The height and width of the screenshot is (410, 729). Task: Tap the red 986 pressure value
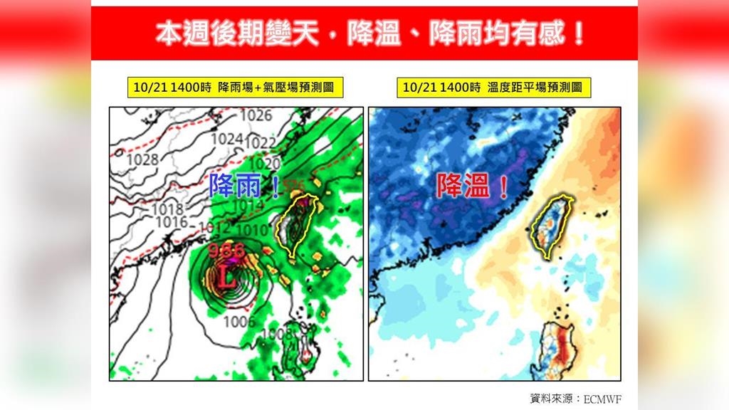(226, 250)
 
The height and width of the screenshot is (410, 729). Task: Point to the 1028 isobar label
(142, 159)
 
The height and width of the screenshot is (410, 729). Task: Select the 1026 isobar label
(256, 115)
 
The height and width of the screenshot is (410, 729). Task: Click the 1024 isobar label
(226, 138)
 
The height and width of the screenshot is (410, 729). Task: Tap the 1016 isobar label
(172, 222)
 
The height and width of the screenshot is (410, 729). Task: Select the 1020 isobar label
(266, 165)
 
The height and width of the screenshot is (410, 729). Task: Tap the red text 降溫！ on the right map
(472, 187)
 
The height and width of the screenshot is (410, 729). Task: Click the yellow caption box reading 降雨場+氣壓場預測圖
(231, 88)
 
